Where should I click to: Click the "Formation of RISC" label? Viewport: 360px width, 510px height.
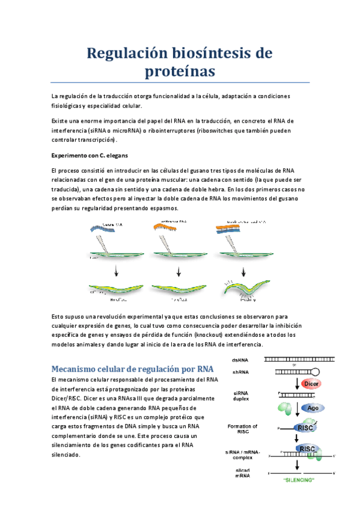pos(242,429)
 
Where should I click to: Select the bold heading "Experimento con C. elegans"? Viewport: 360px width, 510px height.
pos(96,155)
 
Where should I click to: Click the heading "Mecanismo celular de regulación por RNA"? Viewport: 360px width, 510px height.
pos(132,368)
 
